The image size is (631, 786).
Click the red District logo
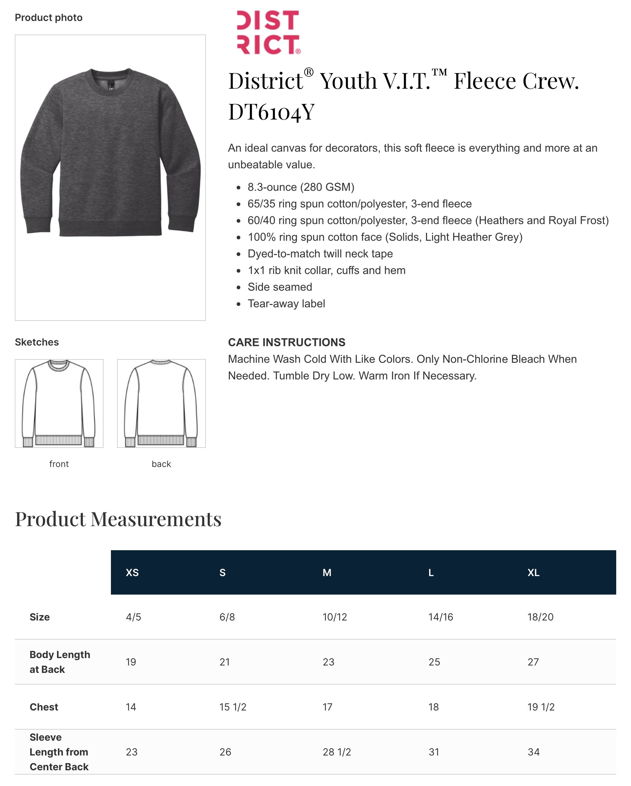(x=268, y=32)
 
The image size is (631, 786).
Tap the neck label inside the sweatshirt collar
(x=111, y=86)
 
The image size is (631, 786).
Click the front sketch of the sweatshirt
(x=59, y=403)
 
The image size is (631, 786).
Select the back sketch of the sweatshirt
(x=161, y=403)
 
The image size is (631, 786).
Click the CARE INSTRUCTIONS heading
(x=286, y=342)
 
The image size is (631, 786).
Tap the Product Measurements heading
(x=118, y=519)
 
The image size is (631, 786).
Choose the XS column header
(x=132, y=572)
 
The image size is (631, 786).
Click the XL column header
(x=533, y=572)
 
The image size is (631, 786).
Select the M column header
(x=327, y=572)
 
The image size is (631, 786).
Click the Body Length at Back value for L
(x=434, y=662)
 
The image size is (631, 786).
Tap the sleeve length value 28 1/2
(x=337, y=752)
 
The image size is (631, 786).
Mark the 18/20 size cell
(x=540, y=617)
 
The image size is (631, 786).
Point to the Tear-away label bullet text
(x=286, y=304)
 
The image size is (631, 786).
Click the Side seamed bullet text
(x=280, y=287)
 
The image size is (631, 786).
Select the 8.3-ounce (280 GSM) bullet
(x=301, y=187)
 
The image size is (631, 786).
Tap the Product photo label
(x=48, y=18)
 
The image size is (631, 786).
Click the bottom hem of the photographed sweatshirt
(x=110, y=228)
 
